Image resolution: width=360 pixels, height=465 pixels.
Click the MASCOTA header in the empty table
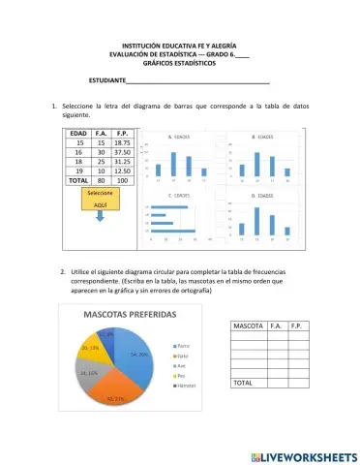[x=248, y=326]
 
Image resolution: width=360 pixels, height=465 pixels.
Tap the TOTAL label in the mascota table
[x=243, y=384]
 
